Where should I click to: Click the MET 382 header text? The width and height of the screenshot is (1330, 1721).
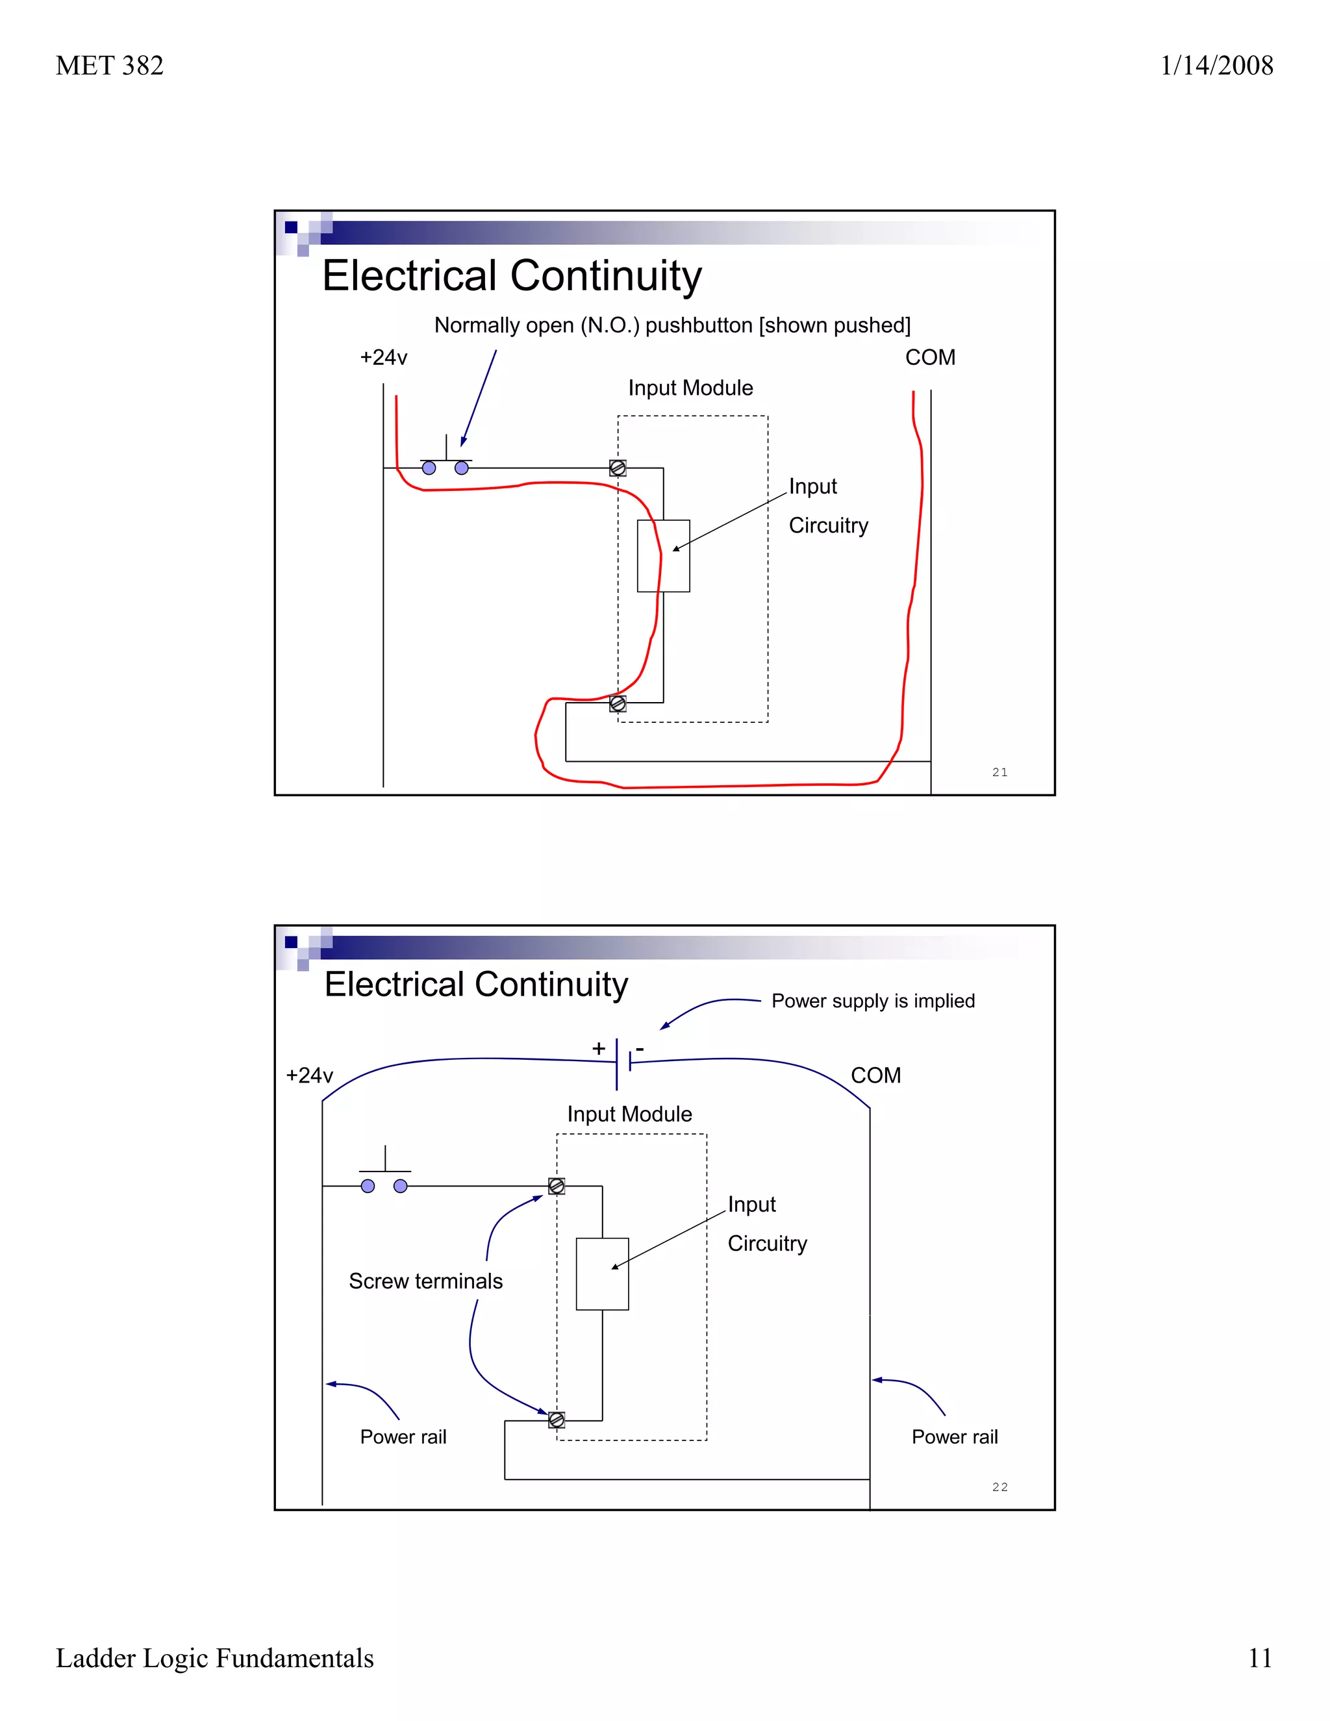(110, 66)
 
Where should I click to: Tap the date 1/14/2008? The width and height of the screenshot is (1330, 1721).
(1216, 66)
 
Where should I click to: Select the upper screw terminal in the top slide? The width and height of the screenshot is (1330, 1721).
(618, 468)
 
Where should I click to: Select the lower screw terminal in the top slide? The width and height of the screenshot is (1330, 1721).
(618, 703)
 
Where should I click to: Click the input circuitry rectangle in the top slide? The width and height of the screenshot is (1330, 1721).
(664, 555)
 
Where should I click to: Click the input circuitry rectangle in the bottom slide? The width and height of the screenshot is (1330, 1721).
(602, 1274)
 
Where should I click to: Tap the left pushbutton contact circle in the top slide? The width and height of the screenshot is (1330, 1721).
(429, 468)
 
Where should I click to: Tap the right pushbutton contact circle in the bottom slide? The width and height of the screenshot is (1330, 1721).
(400, 1186)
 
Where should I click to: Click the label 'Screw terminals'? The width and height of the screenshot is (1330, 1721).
(425, 1281)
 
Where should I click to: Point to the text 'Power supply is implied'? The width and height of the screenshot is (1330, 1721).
(873, 1001)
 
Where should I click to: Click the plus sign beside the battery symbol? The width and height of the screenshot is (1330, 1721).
(599, 1048)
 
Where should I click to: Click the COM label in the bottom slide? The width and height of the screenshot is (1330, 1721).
(875, 1075)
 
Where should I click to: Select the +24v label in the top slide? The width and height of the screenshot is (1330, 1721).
(384, 358)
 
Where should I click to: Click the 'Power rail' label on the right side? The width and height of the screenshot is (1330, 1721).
(954, 1437)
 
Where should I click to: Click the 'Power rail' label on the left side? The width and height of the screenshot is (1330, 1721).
(403, 1437)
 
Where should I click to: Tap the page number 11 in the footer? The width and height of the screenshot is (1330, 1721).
(1260, 1658)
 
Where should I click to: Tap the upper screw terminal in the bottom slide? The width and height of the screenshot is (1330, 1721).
(557, 1186)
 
